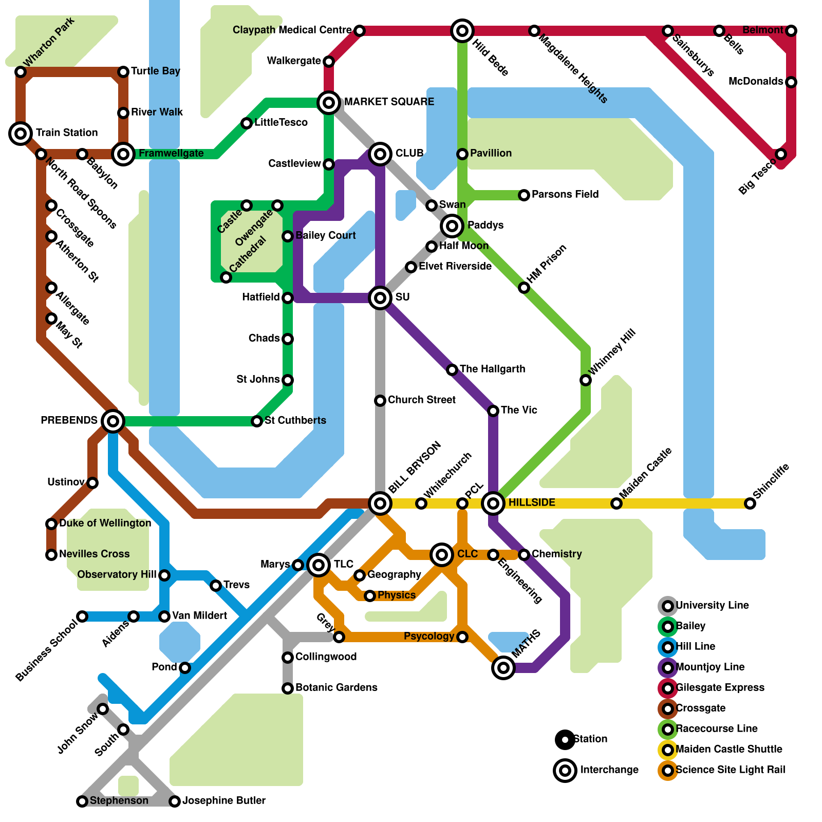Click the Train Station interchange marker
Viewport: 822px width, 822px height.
pos(21,134)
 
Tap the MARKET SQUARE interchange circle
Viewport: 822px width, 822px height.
pos(329,102)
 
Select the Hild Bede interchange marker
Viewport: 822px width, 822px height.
pos(462,31)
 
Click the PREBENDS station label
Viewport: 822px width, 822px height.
pos(69,420)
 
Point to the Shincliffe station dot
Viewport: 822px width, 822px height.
pos(750,503)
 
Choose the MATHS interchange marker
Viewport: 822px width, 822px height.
pos(503,668)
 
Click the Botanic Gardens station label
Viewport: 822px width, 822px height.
pos(337,687)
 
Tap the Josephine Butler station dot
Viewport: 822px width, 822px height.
pos(175,801)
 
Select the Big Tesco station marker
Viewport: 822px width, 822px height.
pos(781,154)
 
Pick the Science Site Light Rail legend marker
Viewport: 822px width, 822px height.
pos(668,770)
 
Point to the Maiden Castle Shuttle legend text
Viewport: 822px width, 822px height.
pos(729,749)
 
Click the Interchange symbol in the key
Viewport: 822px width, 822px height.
pos(565,770)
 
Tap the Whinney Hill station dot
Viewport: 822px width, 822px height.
pos(586,380)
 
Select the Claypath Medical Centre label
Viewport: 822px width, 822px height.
pos(292,30)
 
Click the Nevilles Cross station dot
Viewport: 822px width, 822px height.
pos(51,555)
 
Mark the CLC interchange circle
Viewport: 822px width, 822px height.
pos(442,554)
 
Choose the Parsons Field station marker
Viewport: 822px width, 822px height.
pos(524,195)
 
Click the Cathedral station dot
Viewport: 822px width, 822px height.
pos(226,277)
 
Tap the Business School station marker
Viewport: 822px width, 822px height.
pos(82,616)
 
